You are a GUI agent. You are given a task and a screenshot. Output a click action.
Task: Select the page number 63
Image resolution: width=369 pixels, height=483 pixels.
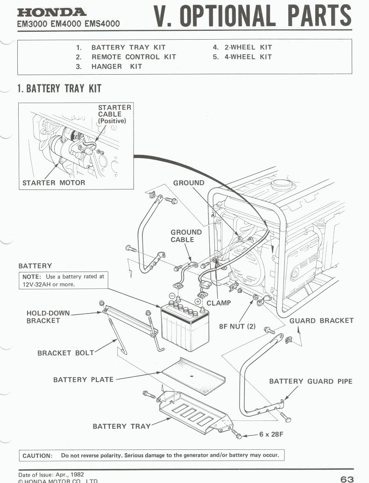pyautogui.click(x=347, y=479)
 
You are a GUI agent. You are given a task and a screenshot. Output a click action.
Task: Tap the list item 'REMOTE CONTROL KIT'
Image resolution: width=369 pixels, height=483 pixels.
pyautogui.click(x=134, y=57)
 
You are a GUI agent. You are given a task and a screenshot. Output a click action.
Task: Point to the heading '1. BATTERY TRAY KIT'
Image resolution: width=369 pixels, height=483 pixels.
pyautogui.click(x=59, y=88)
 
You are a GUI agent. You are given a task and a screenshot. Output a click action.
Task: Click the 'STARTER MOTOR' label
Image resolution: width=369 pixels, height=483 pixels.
pyautogui.click(x=54, y=182)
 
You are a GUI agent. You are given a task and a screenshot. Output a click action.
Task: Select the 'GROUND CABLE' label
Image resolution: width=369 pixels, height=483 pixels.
pyautogui.click(x=186, y=236)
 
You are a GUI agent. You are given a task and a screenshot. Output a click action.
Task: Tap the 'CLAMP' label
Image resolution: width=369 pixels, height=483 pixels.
pyautogui.click(x=219, y=303)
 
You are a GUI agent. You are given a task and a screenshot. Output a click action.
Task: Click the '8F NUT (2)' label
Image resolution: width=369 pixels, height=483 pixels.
pyautogui.click(x=237, y=326)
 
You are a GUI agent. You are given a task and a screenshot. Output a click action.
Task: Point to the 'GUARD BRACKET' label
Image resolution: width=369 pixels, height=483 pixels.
pyautogui.click(x=321, y=321)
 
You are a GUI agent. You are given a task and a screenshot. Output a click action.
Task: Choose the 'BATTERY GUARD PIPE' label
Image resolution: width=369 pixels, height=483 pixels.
pyautogui.click(x=311, y=381)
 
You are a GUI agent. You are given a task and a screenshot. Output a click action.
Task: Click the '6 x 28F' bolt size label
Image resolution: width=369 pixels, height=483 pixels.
pyautogui.click(x=271, y=434)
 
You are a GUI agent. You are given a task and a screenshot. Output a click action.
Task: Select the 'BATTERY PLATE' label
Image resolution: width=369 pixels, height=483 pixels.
pyautogui.click(x=83, y=379)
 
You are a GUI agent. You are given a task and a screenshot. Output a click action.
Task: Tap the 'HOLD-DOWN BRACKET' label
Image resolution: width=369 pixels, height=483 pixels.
pyautogui.click(x=43, y=317)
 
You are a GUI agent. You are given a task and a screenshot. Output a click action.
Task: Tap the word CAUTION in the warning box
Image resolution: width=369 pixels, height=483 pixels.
pyautogui.click(x=37, y=455)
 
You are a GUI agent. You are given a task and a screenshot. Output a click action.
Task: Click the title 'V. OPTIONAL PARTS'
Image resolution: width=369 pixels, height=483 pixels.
pyautogui.click(x=252, y=16)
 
